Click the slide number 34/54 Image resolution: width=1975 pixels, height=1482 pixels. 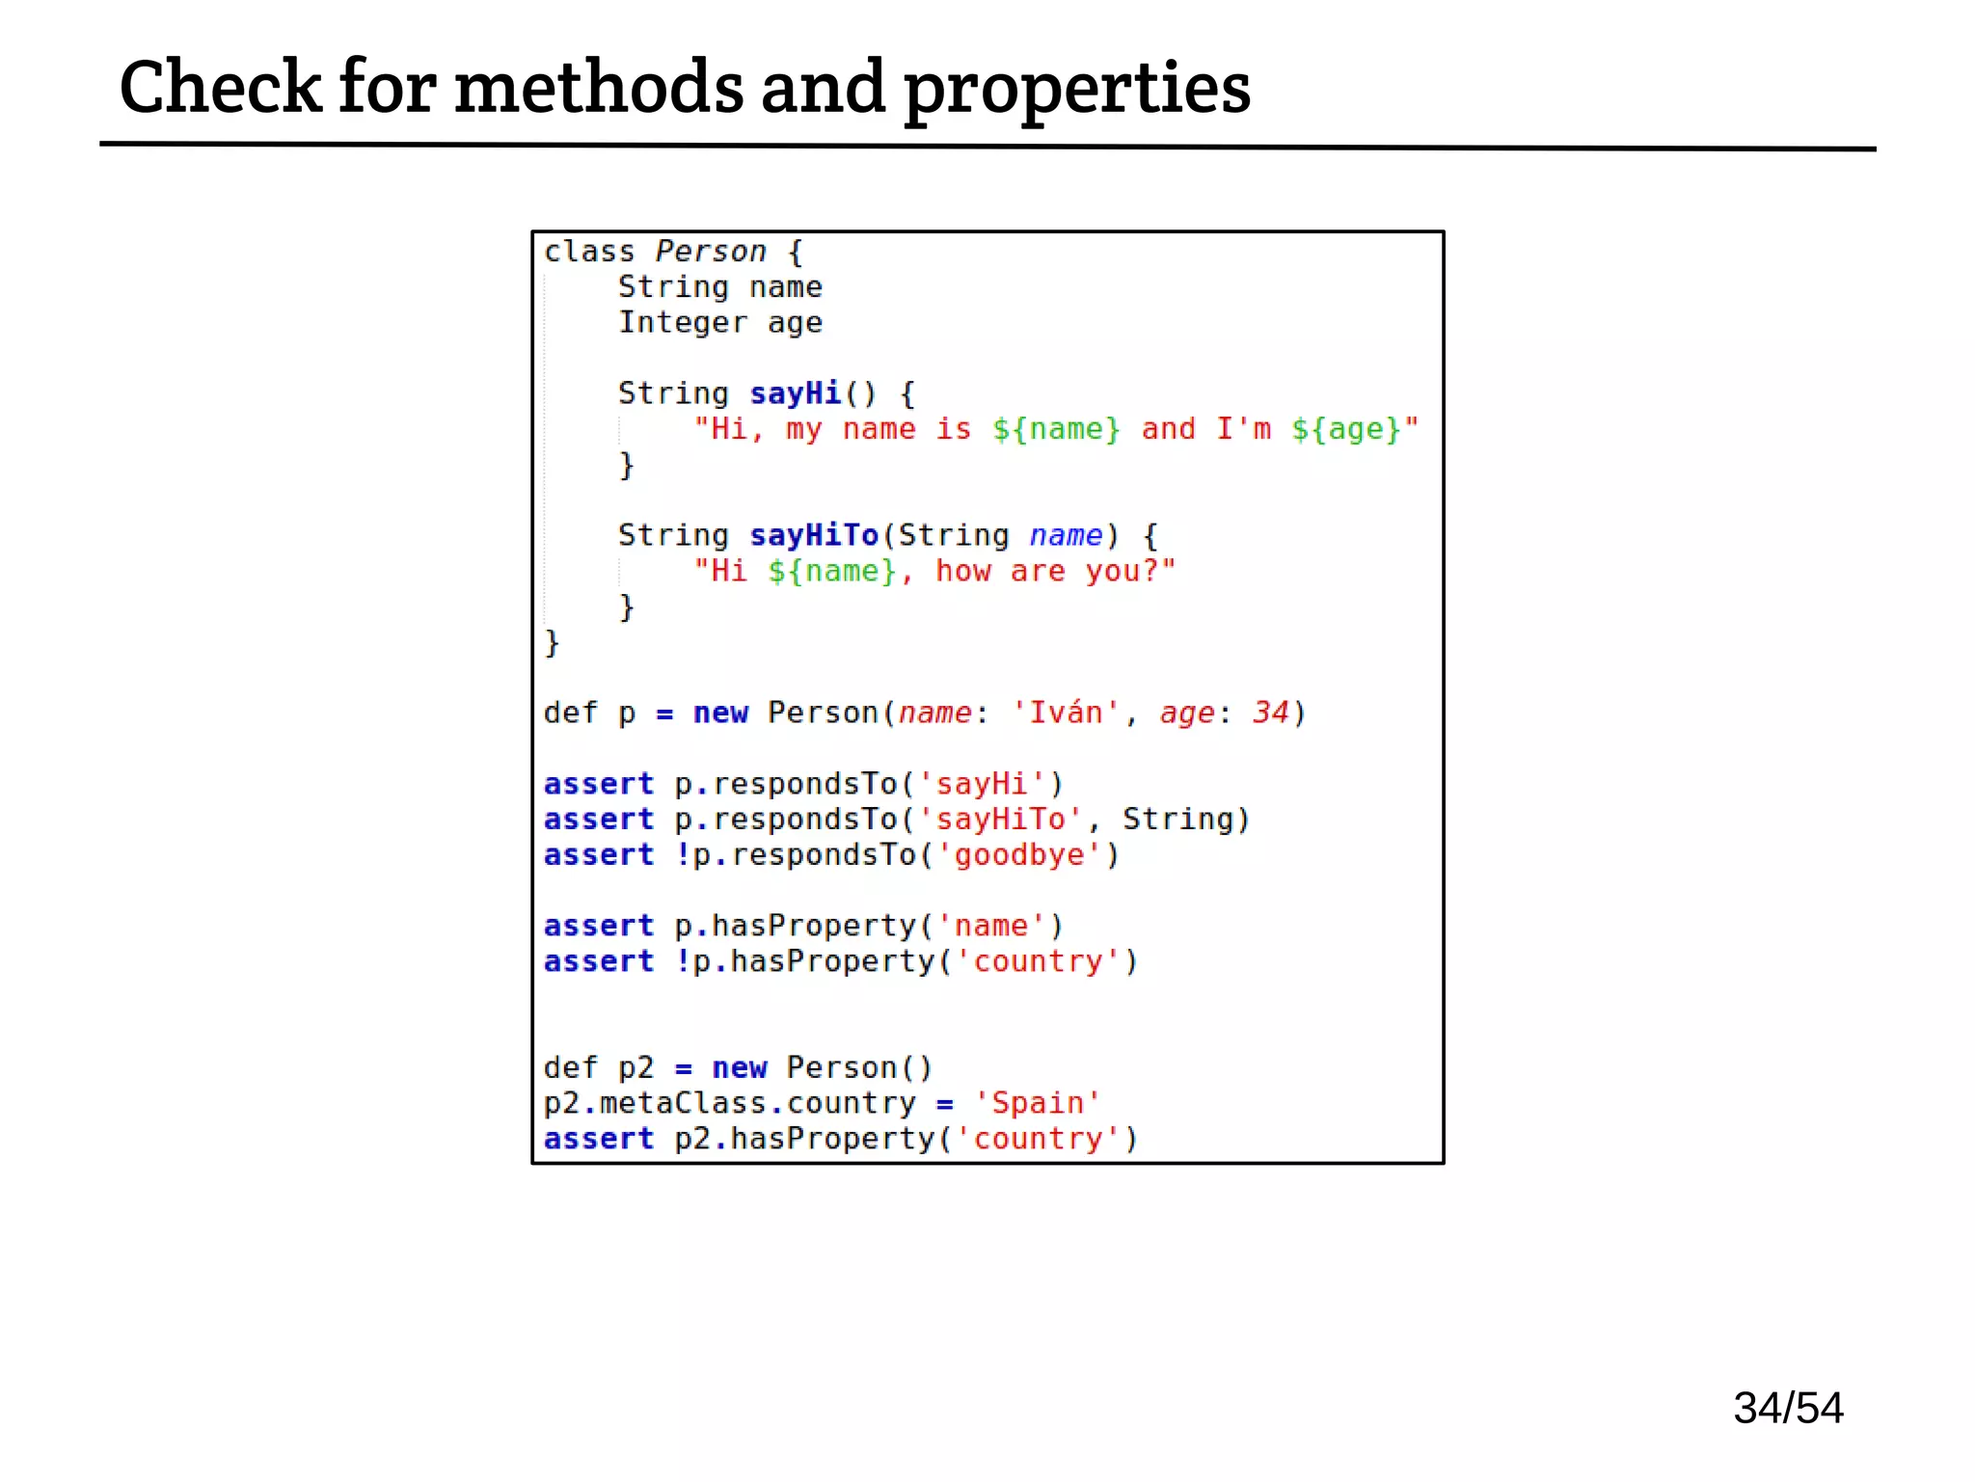(x=1788, y=1408)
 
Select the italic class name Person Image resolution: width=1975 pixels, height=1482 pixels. (x=711, y=252)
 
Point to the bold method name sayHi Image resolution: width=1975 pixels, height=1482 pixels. (x=796, y=393)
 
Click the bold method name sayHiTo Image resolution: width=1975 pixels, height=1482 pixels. (x=814, y=535)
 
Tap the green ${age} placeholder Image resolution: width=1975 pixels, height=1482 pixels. (x=1346, y=429)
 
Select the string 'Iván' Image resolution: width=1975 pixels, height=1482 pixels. (x=1066, y=713)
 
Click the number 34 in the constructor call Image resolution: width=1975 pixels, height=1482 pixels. (x=1270, y=713)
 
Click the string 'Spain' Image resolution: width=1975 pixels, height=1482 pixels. (x=1037, y=1103)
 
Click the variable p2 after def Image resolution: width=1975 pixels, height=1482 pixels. (x=636, y=1068)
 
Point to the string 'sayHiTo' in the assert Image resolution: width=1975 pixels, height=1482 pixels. (x=1000, y=820)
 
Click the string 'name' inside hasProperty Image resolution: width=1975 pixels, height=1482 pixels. (x=990, y=927)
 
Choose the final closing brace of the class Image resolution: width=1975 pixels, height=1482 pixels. (x=552, y=643)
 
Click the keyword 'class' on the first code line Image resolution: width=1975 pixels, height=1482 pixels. (x=589, y=252)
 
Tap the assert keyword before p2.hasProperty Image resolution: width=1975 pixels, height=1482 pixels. (x=598, y=1139)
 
